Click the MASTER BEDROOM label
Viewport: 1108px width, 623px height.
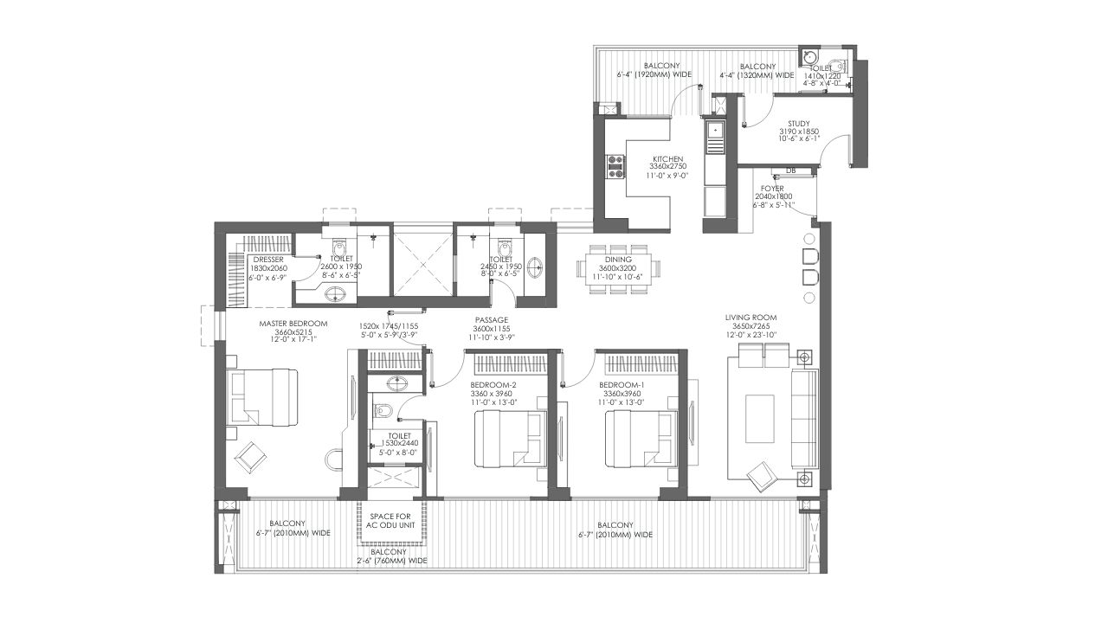pos(293,324)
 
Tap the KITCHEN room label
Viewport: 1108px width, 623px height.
pos(667,158)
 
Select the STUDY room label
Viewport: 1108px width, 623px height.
pos(799,124)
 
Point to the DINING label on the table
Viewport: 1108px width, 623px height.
pos(618,260)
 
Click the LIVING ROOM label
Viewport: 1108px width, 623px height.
pos(750,318)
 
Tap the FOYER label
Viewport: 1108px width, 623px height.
pos(772,189)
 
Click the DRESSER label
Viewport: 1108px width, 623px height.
pos(268,260)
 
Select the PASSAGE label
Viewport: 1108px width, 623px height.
pos(491,320)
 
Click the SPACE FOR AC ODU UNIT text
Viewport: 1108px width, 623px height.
pos(390,521)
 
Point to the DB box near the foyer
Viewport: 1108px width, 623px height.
pos(791,171)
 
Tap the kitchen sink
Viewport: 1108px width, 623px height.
pos(715,130)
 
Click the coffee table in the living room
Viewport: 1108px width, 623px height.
pos(760,418)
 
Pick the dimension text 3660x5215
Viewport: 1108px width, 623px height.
pos(293,331)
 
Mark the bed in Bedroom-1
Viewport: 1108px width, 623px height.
pos(641,438)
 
